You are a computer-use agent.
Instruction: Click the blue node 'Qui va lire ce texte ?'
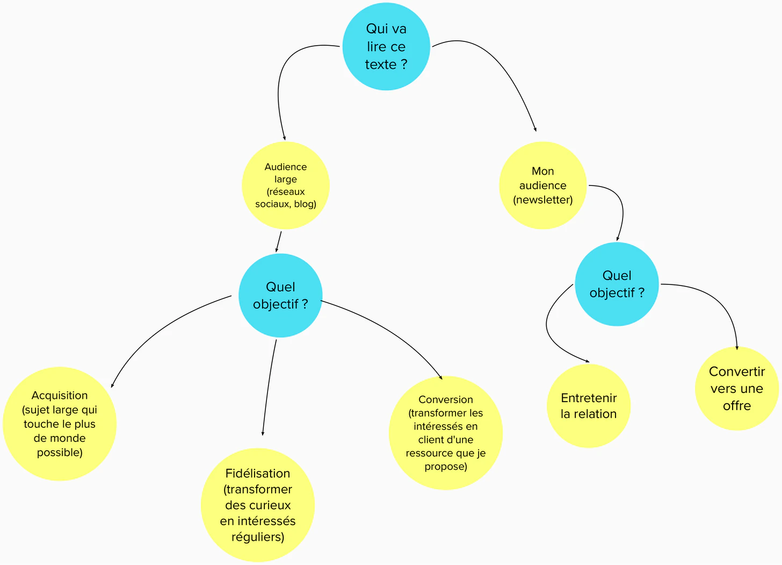(x=386, y=47)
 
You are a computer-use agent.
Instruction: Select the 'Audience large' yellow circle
(x=285, y=185)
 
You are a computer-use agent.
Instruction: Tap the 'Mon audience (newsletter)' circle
(x=542, y=185)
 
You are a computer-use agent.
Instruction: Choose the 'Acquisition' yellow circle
(x=60, y=424)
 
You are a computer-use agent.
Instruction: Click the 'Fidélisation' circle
(x=258, y=505)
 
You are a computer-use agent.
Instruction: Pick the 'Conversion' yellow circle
(x=445, y=433)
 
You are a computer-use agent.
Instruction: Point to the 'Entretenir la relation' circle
(x=589, y=406)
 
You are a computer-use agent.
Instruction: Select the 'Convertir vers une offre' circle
(x=736, y=389)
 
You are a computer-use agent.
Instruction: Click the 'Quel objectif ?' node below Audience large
(x=280, y=296)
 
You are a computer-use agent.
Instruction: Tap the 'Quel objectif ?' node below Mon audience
(x=617, y=284)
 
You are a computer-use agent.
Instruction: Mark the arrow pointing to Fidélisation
(x=268, y=387)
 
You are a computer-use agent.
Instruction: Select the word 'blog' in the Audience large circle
(x=304, y=204)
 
